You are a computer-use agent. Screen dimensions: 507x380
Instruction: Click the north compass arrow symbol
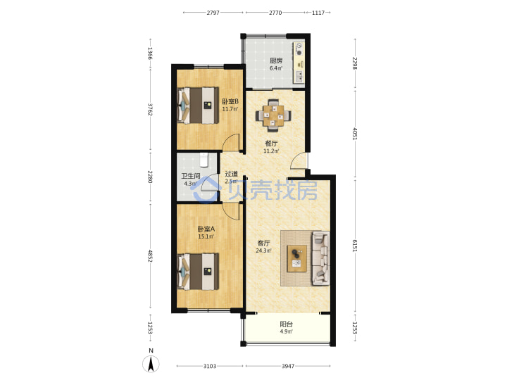151,363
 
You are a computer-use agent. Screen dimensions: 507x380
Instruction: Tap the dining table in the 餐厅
273,115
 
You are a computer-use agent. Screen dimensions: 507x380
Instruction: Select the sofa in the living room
321,258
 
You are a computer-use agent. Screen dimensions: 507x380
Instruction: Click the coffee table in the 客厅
297,258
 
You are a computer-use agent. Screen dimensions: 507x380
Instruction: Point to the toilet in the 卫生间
204,160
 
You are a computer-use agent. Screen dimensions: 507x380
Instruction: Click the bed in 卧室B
198,106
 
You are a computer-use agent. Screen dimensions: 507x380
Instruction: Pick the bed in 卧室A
198,272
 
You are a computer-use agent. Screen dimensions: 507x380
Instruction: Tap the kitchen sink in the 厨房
299,76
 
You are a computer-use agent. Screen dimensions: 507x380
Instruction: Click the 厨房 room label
276,61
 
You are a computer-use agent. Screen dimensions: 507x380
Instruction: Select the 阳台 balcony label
286,324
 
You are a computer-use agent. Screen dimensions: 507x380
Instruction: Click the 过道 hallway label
231,174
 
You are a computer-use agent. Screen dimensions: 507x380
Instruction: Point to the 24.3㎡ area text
263,251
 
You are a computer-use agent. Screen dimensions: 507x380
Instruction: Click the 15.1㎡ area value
206,236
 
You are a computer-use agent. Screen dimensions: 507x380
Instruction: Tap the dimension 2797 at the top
213,13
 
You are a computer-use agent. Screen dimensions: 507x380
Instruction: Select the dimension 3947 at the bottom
288,366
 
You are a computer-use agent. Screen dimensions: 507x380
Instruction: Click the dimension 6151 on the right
355,246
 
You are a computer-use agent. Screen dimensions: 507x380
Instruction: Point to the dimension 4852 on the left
150,255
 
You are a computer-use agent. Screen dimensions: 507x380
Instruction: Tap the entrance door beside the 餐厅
299,160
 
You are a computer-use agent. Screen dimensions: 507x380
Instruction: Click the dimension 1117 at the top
318,13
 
